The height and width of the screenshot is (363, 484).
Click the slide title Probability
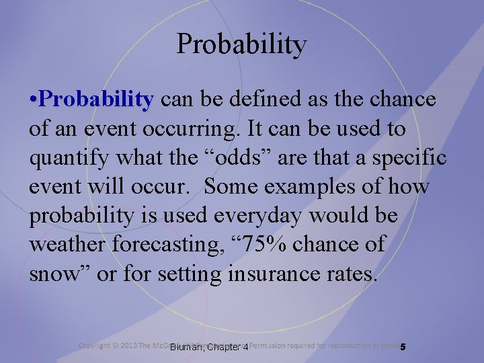pos(242,44)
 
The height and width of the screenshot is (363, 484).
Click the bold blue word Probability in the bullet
pos(97,100)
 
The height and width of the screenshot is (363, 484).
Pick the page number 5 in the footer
pos(403,347)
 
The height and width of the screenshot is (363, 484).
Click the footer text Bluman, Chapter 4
pos(209,347)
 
